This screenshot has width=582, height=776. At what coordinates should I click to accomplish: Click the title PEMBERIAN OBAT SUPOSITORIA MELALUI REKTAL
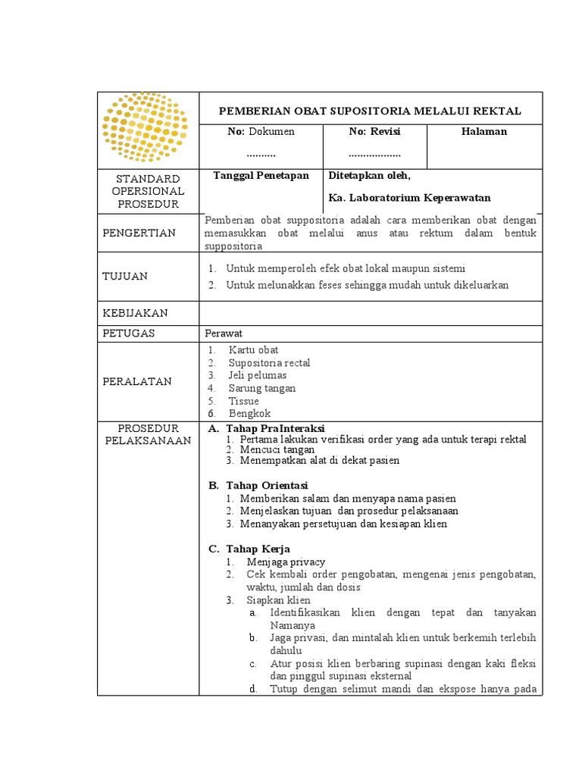pyautogui.click(x=370, y=111)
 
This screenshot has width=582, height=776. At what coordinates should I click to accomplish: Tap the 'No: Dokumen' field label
pyautogui.click(x=261, y=132)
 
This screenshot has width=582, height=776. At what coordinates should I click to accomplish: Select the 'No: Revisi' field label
pyautogui.click(x=374, y=132)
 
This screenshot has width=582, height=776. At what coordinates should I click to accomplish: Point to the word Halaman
pyautogui.click(x=484, y=132)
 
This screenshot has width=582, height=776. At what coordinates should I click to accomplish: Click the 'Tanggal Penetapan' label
pyautogui.click(x=261, y=175)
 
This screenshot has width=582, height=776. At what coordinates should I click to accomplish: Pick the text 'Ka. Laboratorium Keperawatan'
pyautogui.click(x=409, y=198)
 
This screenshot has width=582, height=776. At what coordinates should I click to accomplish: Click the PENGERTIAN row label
pyautogui.click(x=139, y=233)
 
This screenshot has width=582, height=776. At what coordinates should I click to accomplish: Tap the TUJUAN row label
pyautogui.click(x=125, y=277)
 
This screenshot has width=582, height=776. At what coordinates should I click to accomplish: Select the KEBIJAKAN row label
pyautogui.click(x=135, y=313)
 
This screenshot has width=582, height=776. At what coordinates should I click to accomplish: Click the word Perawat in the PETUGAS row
pyautogui.click(x=223, y=333)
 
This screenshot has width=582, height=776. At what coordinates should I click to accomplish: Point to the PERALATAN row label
pyautogui.click(x=137, y=381)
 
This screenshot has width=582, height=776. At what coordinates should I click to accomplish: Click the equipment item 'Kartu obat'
pyautogui.click(x=253, y=350)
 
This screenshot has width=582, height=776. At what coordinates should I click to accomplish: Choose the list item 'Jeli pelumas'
pyautogui.click(x=257, y=376)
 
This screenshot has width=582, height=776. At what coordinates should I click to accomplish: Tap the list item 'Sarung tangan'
pyautogui.click(x=262, y=389)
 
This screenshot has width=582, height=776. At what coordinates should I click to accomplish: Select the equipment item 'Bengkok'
pyautogui.click(x=249, y=414)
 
